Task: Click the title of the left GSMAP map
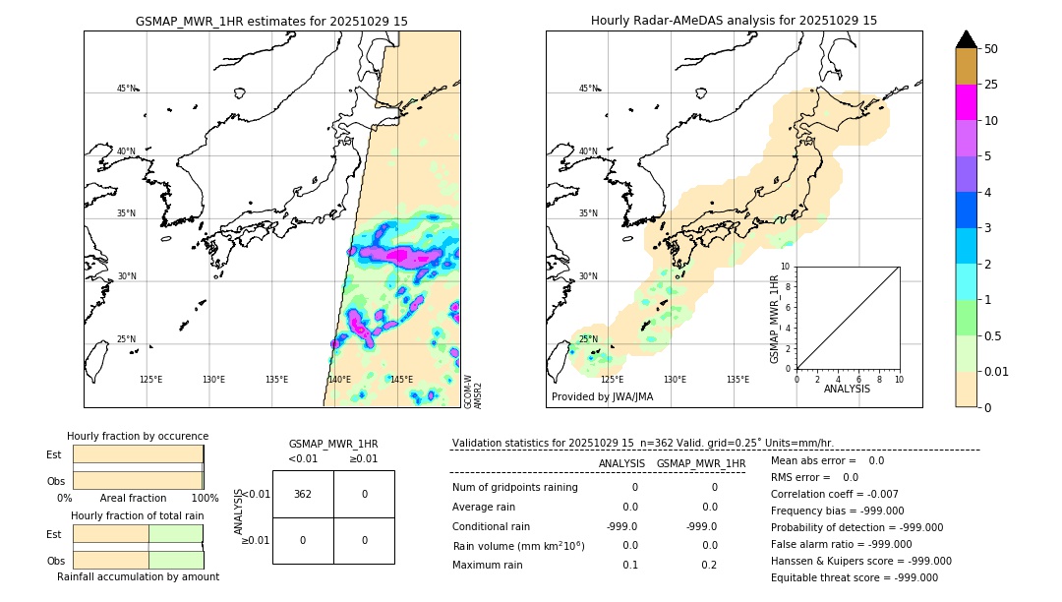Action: tap(271, 21)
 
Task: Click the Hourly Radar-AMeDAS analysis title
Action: tap(734, 21)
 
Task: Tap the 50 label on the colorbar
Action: tap(991, 49)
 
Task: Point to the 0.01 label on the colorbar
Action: tap(997, 371)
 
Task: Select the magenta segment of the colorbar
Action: tap(966, 102)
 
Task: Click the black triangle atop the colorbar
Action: tap(966, 39)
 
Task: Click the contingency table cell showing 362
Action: tap(303, 494)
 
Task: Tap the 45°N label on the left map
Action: tap(127, 89)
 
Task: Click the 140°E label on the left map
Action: tap(339, 380)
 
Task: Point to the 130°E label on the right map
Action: tap(675, 380)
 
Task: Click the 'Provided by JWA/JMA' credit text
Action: tap(602, 396)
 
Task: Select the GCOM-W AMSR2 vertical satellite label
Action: tap(473, 391)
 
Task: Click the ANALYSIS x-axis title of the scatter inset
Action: tap(847, 389)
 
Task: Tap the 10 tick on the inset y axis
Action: tap(786, 267)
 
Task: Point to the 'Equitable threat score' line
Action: tap(855, 577)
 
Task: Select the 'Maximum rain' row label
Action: tap(488, 565)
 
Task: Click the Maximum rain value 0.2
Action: tap(709, 565)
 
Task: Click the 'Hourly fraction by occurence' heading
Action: tap(138, 436)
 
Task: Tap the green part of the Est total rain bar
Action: tap(176, 533)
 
